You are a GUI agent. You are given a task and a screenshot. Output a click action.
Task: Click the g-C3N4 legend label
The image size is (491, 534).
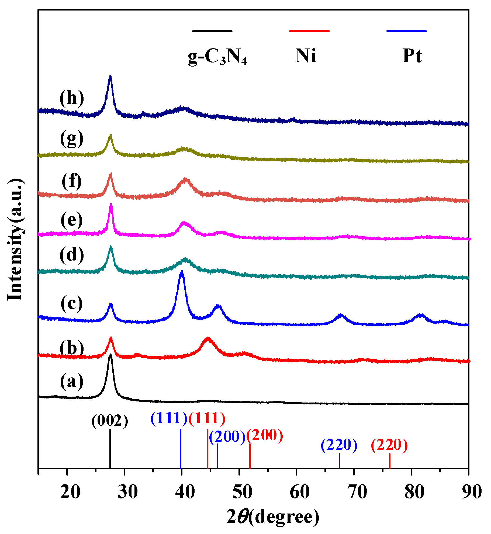(217, 57)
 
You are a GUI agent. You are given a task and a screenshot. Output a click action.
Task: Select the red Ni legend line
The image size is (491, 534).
(309, 31)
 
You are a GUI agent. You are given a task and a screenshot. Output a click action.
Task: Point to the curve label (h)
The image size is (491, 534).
(72, 98)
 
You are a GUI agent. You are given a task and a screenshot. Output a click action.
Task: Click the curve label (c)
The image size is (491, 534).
(72, 304)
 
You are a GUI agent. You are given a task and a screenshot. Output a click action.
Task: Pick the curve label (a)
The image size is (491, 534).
(72, 382)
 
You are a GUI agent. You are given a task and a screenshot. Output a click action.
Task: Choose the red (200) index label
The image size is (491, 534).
(265, 435)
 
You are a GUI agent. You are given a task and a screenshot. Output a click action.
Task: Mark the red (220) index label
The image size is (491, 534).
(389, 445)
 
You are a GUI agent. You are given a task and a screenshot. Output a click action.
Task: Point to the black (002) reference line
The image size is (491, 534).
(110, 449)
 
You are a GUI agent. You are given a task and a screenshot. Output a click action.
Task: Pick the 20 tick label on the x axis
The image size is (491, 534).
(70, 492)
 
